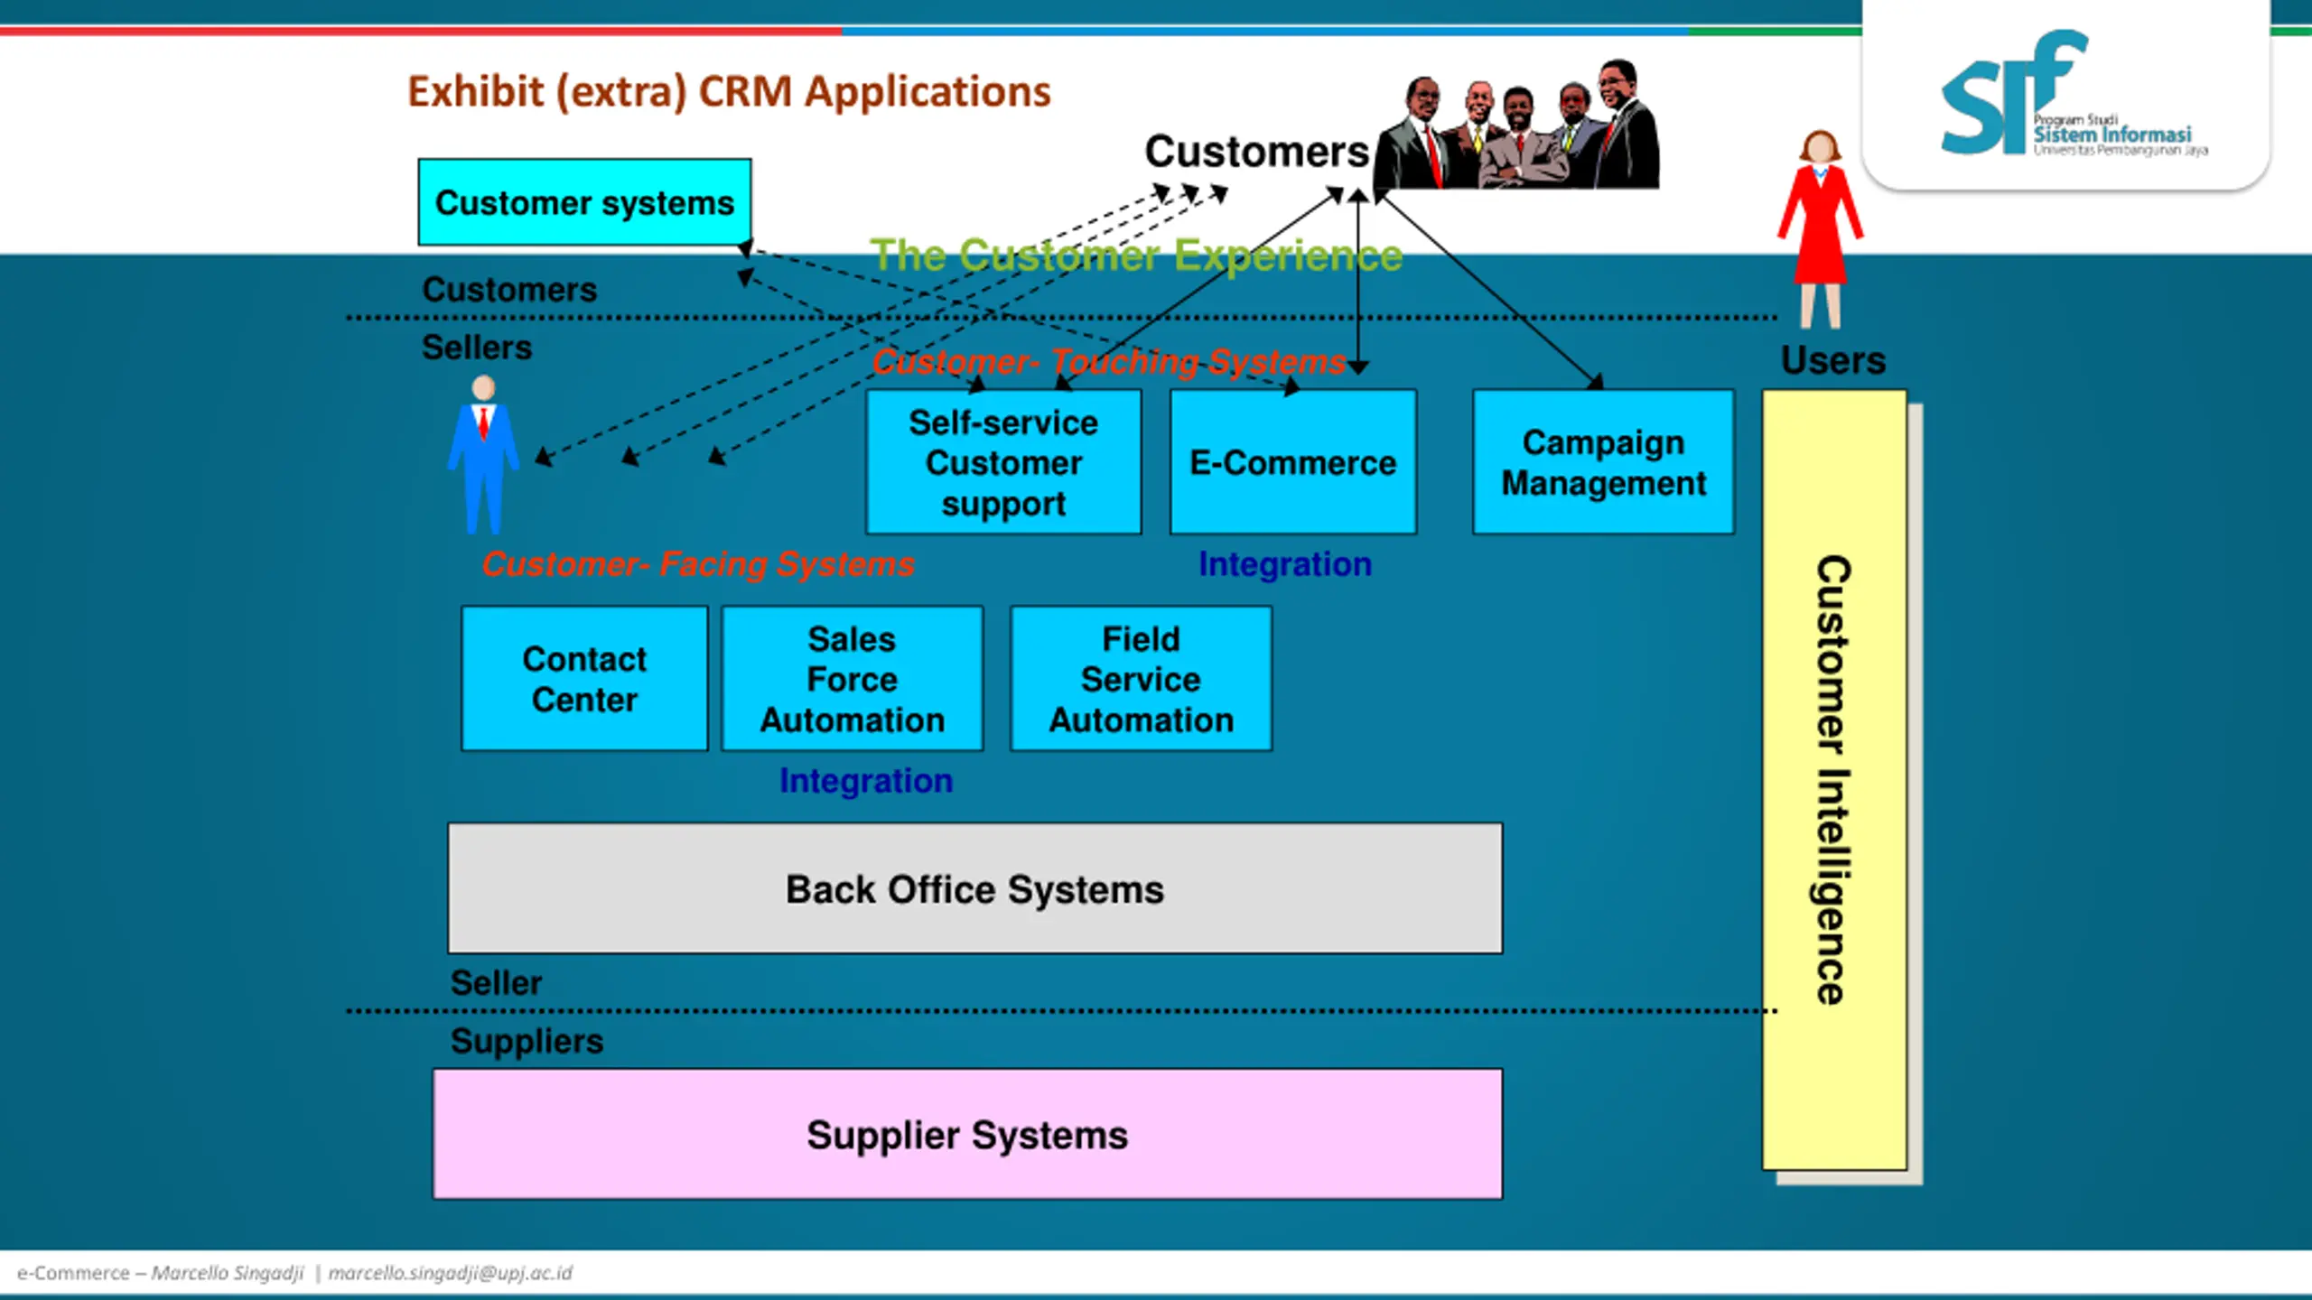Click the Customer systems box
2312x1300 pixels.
tap(584, 202)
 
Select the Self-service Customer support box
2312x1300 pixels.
tap(1003, 462)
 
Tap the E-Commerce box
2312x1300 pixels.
tap(1293, 462)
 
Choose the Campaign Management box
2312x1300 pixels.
tap(1603, 462)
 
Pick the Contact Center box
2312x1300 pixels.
tap(584, 678)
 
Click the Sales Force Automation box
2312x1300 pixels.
tap(853, 678)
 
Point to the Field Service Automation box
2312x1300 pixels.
tap(1142, 678)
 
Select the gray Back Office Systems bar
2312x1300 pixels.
tap(975, 888)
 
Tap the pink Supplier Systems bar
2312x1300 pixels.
tap(968, 1134)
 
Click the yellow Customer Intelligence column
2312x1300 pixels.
tap(1835, 780)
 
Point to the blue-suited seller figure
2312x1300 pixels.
tap(483, 454)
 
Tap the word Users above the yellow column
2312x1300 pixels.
tap(1833, 360)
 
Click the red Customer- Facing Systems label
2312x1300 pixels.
tap(698, 564)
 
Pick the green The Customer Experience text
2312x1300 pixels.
tap(1136, 255)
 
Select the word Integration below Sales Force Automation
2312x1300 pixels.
tap(866, 781)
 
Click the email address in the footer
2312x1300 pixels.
tap(450, 1273)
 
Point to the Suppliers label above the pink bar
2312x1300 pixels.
tap(527, 1041)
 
